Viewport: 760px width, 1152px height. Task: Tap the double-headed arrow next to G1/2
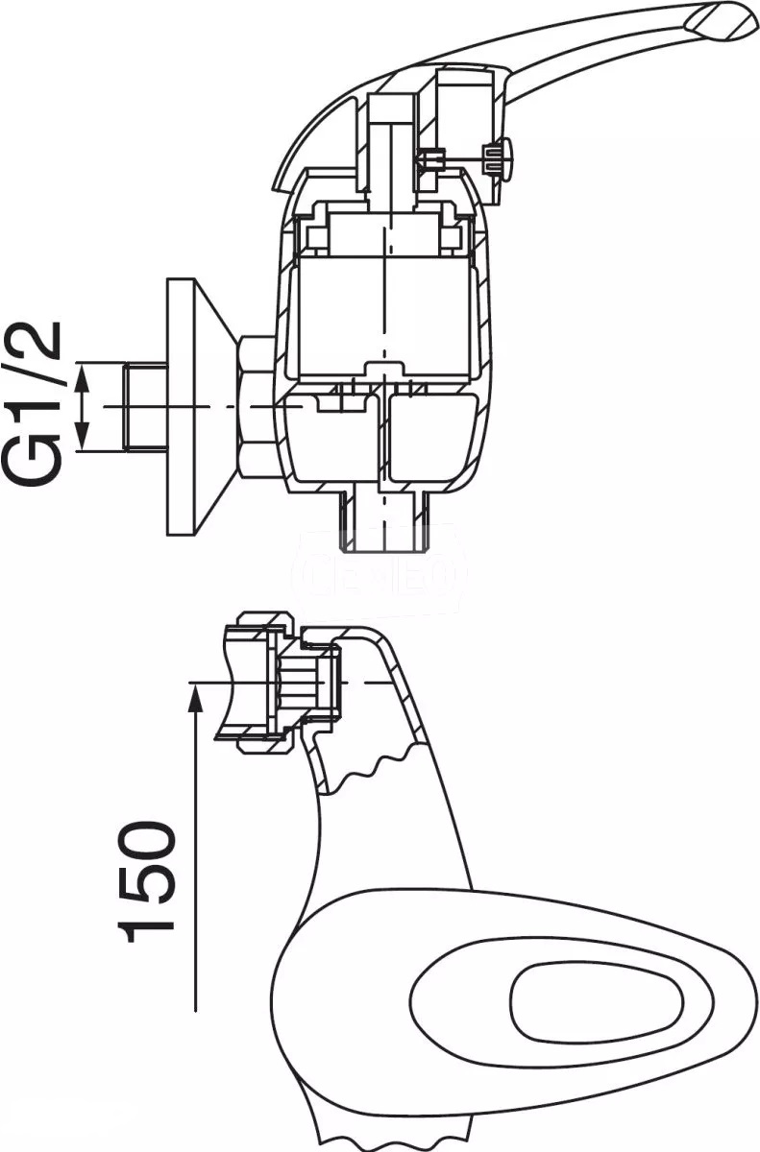pos(85,407)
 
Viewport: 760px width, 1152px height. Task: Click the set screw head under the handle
pos(500,157)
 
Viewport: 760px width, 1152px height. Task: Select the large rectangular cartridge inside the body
pos(384,317)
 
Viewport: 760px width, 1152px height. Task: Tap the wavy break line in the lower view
pos(375,773)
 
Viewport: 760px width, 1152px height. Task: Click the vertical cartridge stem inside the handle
pos(389,144)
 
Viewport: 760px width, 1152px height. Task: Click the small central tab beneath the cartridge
pos(384,370)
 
